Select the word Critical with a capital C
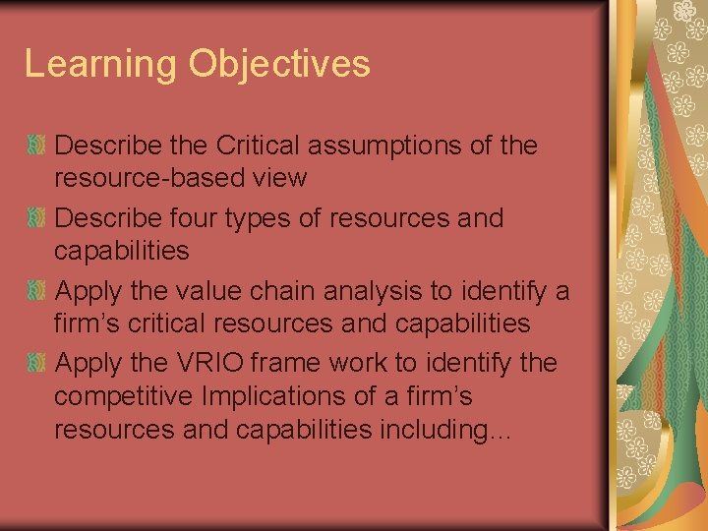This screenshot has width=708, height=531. click(258, 146)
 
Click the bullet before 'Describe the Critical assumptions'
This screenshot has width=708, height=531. click(36, 146)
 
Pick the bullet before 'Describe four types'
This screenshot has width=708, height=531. click(36, 217)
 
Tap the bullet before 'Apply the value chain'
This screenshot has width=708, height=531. click(36, 290)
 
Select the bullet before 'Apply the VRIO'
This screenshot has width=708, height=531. click(36, 363)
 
